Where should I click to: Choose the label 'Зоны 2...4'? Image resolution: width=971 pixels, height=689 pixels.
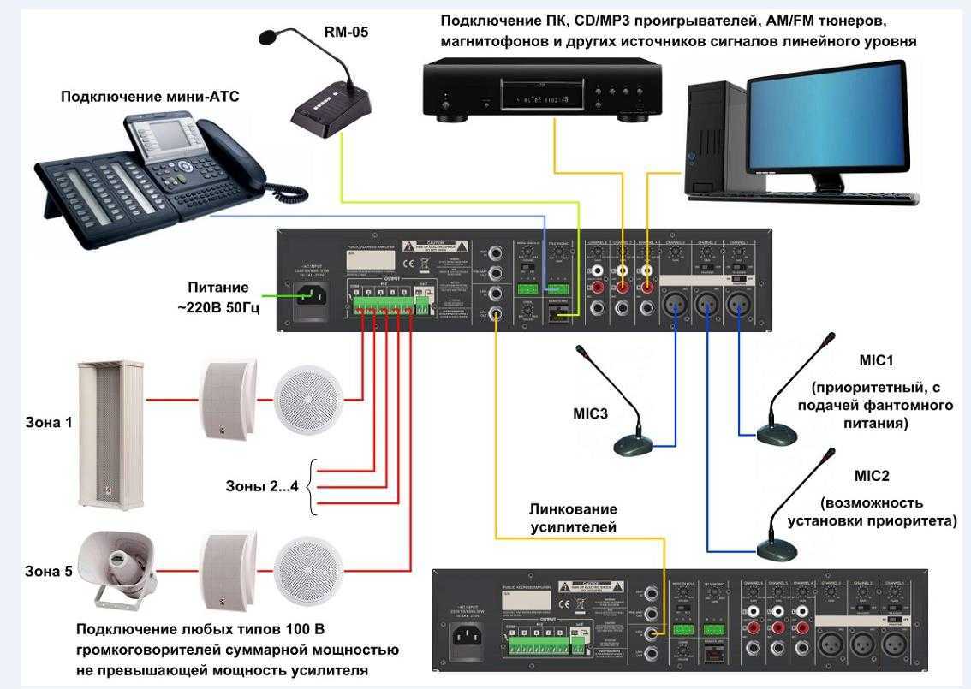[260, 487]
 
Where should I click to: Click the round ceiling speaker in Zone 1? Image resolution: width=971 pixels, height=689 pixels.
[308, 400]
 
